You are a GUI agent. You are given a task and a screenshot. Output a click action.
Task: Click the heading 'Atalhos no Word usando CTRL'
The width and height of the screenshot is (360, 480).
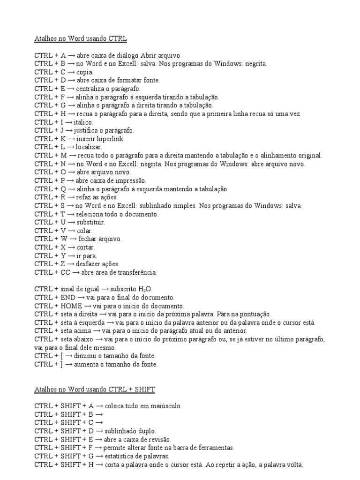81,38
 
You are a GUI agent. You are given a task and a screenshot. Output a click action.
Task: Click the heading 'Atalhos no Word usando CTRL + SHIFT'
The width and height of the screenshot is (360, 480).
94,390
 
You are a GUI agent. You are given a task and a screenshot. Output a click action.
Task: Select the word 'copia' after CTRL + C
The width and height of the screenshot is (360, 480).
85,72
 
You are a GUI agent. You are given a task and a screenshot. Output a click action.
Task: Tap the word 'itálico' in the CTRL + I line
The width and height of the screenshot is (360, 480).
83,122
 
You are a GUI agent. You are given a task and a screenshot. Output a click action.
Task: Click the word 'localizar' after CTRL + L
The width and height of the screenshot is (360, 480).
89,147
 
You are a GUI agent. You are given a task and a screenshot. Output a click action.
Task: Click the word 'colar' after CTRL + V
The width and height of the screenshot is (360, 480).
85,231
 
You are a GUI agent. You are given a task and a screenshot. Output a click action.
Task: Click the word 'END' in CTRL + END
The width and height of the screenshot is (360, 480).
65,298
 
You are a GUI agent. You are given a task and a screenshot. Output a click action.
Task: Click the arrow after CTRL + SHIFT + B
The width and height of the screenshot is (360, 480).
99,414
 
